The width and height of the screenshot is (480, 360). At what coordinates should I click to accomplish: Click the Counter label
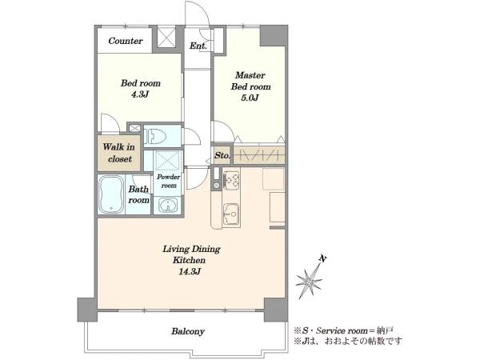pyautogui.click(x=126, y=41)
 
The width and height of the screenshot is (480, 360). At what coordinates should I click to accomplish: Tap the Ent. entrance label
pyautogui.click(x=198, y=46)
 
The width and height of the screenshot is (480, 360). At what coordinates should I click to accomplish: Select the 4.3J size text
pyautogui.click(x=140, y=94)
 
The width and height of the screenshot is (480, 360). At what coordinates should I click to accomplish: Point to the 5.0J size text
pyautogui.click(x=250, y=98)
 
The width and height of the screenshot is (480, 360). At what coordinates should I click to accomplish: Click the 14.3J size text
pyautogui.click(x=190, y=271)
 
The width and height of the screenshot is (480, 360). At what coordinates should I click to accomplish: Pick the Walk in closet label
pyautogui.click(x=118, y=153)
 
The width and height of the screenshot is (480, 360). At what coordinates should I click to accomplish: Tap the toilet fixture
pyautogui.click(x=156, y=136)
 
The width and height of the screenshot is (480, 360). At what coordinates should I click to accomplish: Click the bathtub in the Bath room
pyautogui.click(x=111, y=194)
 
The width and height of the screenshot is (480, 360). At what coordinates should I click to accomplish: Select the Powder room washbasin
pyautogui.click(x=168, y=205)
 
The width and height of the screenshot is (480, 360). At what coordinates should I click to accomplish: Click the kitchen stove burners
pyautogui.click(x=231, y=180)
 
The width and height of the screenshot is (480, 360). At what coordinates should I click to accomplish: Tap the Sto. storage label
pyautogui.click(x=222, y=155)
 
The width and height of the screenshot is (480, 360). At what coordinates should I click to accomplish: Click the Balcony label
pyautogui.click(x=188, y=331)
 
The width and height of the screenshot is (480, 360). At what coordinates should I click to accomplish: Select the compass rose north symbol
pyautogui.click(x=310, y=279)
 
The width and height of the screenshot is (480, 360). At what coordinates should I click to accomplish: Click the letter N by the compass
pyautogui.click(x=322, y=259)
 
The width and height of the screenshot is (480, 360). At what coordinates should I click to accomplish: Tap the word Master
pyautogui.click(x=250, y=75)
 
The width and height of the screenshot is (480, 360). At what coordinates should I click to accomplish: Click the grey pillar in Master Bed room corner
pyautogui.click(x=274, y=36)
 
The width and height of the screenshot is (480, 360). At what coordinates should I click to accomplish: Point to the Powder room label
pyautogui.click(x=169, y=182)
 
